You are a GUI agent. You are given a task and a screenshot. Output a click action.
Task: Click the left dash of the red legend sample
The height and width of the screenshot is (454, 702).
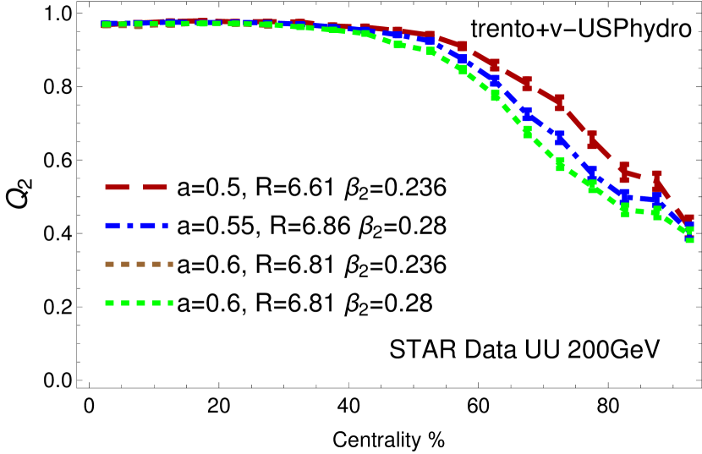pyautogui.click(x=117, y=187)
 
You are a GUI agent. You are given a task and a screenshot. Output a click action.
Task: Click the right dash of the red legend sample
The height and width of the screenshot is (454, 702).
pyautogui.click(x=155, y=187)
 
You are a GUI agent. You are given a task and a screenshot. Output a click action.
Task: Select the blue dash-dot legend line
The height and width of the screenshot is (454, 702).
pyautogui.click(x=136, y=226)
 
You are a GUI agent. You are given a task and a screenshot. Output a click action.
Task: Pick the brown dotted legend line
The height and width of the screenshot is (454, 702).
pyautogui.click(x=139, y=264)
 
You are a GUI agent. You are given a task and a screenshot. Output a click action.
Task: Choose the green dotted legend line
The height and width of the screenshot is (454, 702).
pyautogui.click(x=139, y=303)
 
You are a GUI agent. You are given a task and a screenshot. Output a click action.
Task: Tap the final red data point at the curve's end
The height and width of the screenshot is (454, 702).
pyautogui.click(x=688, y=218)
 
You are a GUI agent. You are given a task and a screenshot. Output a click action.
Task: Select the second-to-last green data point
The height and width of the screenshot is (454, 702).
pyautogui.click(x=657, y=214)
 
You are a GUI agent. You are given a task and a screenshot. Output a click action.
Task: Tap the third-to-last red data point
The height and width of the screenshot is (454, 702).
pyautogui.click(x=624, y=172)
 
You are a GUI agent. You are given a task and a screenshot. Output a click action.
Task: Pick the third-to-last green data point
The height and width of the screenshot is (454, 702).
pyautogui.click(x=625, y=210)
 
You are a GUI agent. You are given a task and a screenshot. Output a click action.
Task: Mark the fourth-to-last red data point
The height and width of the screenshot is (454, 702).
pyautogui.click(x=592, y=139)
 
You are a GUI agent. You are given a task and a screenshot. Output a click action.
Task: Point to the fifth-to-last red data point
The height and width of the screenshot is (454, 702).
pyautogui.click(x=560, y=102)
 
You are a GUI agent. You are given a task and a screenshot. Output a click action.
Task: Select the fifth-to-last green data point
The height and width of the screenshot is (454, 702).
pyautogui.click(x=560, y=164)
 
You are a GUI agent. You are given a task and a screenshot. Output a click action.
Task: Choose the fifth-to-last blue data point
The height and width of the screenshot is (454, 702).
pyautogui.click(x=559, y=137)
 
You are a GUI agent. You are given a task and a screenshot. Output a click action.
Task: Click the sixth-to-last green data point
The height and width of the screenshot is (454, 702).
pyautogui.click(x=528, y=132)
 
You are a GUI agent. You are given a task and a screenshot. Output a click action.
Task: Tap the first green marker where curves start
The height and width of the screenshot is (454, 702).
pyautogui.click(x=106, y=25)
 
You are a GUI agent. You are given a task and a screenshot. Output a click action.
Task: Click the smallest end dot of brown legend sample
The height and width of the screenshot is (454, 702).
pyautogui.click(x=170, y=264)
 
